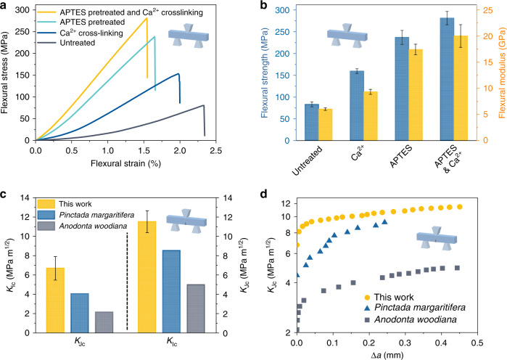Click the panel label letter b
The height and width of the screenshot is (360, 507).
[x=264, y=5]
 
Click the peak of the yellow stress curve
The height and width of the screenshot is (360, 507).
[x=147, y=18]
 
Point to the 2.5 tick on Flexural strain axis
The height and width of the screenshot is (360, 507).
[x=216, y=151]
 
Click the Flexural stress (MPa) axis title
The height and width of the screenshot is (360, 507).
[x=4, y=73]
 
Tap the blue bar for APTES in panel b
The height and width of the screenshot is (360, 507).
[x=402, y=89]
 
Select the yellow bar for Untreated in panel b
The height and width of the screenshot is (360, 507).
[x=325, y=125]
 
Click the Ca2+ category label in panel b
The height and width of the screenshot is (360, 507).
[x=358, y=154]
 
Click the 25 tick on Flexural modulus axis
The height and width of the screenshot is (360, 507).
[x=488, y=10]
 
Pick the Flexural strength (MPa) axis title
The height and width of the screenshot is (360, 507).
[x=265, y=73]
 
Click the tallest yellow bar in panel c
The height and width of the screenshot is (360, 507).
[x=147, y=277]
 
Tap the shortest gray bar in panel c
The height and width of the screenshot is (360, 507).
[x=104, y=322]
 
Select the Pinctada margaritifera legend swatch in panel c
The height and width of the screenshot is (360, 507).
[x=46, y=215]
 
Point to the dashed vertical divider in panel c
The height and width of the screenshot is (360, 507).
[x=127, y=281]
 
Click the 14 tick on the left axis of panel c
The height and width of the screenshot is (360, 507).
[x=29, y=198]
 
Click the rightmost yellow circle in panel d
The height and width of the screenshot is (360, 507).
[x=459, y=207]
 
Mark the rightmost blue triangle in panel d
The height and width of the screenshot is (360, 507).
[x=384, y=222]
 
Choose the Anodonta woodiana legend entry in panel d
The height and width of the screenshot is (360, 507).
[x=411, y=320]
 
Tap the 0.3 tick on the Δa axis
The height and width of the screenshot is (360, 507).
[x=405, y=343]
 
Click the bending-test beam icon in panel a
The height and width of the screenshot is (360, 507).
[x=189, y=36]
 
